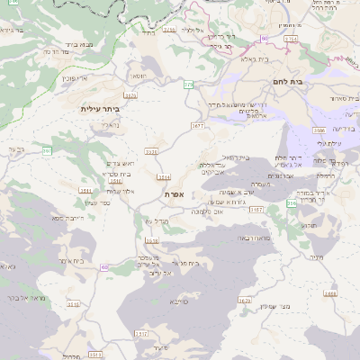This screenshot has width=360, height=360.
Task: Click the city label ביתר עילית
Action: coord(99,110)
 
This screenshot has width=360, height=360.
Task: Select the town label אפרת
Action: coord(175,193)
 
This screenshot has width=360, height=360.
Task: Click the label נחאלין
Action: coord(110,125)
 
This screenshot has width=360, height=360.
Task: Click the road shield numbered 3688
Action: coord(329,293)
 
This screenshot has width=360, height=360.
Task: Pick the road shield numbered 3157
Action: coord(257,210)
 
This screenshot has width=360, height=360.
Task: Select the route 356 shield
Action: coord(292,204)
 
